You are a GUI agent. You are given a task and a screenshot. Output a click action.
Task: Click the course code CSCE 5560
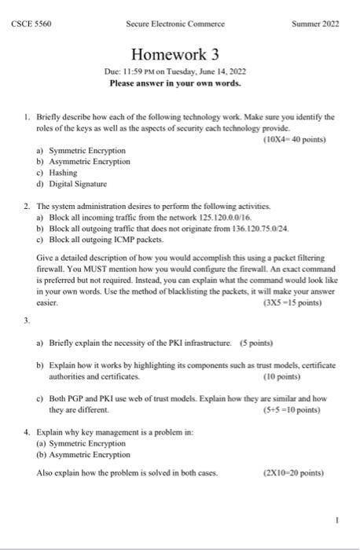(31, 24)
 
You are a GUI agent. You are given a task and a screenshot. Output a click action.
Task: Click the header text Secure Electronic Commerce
(174, 24)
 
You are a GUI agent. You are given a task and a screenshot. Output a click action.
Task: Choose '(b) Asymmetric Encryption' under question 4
(83, 454)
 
